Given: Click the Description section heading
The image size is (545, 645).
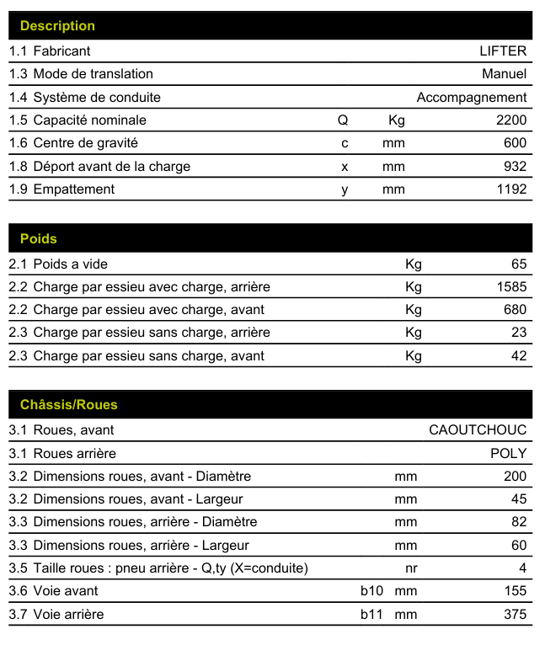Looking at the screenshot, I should pos(57,26).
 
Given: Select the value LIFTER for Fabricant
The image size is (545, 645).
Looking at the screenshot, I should pos(503,51).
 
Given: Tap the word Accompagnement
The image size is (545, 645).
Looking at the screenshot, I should pos(472,98).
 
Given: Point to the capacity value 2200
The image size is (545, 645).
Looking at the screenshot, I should pos(511,120).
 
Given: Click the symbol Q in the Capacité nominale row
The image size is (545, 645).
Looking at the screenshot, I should pos(343,120).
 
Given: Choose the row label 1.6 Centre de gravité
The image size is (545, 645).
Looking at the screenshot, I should pos(73,143).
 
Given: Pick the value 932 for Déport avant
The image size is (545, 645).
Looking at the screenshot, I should pos(515,167).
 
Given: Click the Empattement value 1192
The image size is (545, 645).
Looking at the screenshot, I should pos(511,189).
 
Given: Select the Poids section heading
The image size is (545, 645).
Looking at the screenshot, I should pos(39,239).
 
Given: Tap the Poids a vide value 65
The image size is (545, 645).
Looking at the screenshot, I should pos(519,264).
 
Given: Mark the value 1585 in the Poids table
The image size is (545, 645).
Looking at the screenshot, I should pos(511,287).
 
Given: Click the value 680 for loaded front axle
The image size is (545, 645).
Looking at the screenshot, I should pos(515,310).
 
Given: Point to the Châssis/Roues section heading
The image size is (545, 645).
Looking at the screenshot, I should pos(69,405).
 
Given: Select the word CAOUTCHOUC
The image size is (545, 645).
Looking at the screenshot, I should pos(478,430).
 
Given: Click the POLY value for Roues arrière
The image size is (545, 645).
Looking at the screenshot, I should pos(509,453).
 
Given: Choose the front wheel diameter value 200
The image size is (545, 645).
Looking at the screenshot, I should pos(515,477).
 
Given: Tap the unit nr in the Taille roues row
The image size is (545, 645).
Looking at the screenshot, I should pos(411,568).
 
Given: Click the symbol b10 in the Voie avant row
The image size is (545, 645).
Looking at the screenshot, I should pos(371,591).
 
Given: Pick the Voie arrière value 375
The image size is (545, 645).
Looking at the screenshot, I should pos(515,615).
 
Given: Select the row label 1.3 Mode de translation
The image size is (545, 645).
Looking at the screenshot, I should pos(81,74).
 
